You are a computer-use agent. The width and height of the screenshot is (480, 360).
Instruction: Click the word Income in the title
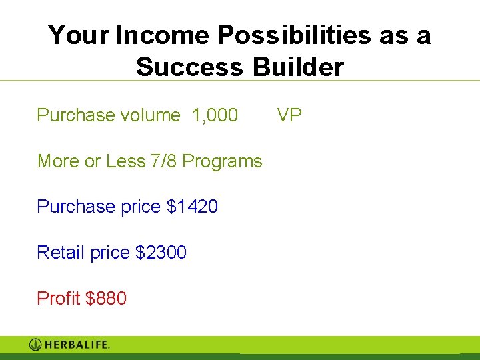coord(161,35)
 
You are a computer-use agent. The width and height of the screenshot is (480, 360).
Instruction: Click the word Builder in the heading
coord(299,67)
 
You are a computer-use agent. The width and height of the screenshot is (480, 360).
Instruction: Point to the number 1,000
coord(215,115)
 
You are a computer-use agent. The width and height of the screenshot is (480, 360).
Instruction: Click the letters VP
coord(289,115)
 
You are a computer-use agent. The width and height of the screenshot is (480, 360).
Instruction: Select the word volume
coord(150,115)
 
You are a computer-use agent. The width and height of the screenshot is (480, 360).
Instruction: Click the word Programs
coord(222,161)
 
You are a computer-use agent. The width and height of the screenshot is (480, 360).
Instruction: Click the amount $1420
coord(192,207)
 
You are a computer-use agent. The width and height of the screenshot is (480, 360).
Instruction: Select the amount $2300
coord(161,253)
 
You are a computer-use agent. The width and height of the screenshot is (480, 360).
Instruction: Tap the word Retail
coord(61,253)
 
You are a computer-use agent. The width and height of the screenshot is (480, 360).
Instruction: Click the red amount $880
coord(106,298)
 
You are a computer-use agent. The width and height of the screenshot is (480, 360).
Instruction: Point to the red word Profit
coord(59,298)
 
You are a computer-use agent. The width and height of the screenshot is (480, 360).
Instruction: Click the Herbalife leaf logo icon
coord(36,345)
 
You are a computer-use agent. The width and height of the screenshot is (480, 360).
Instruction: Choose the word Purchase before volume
coord(76,115)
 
